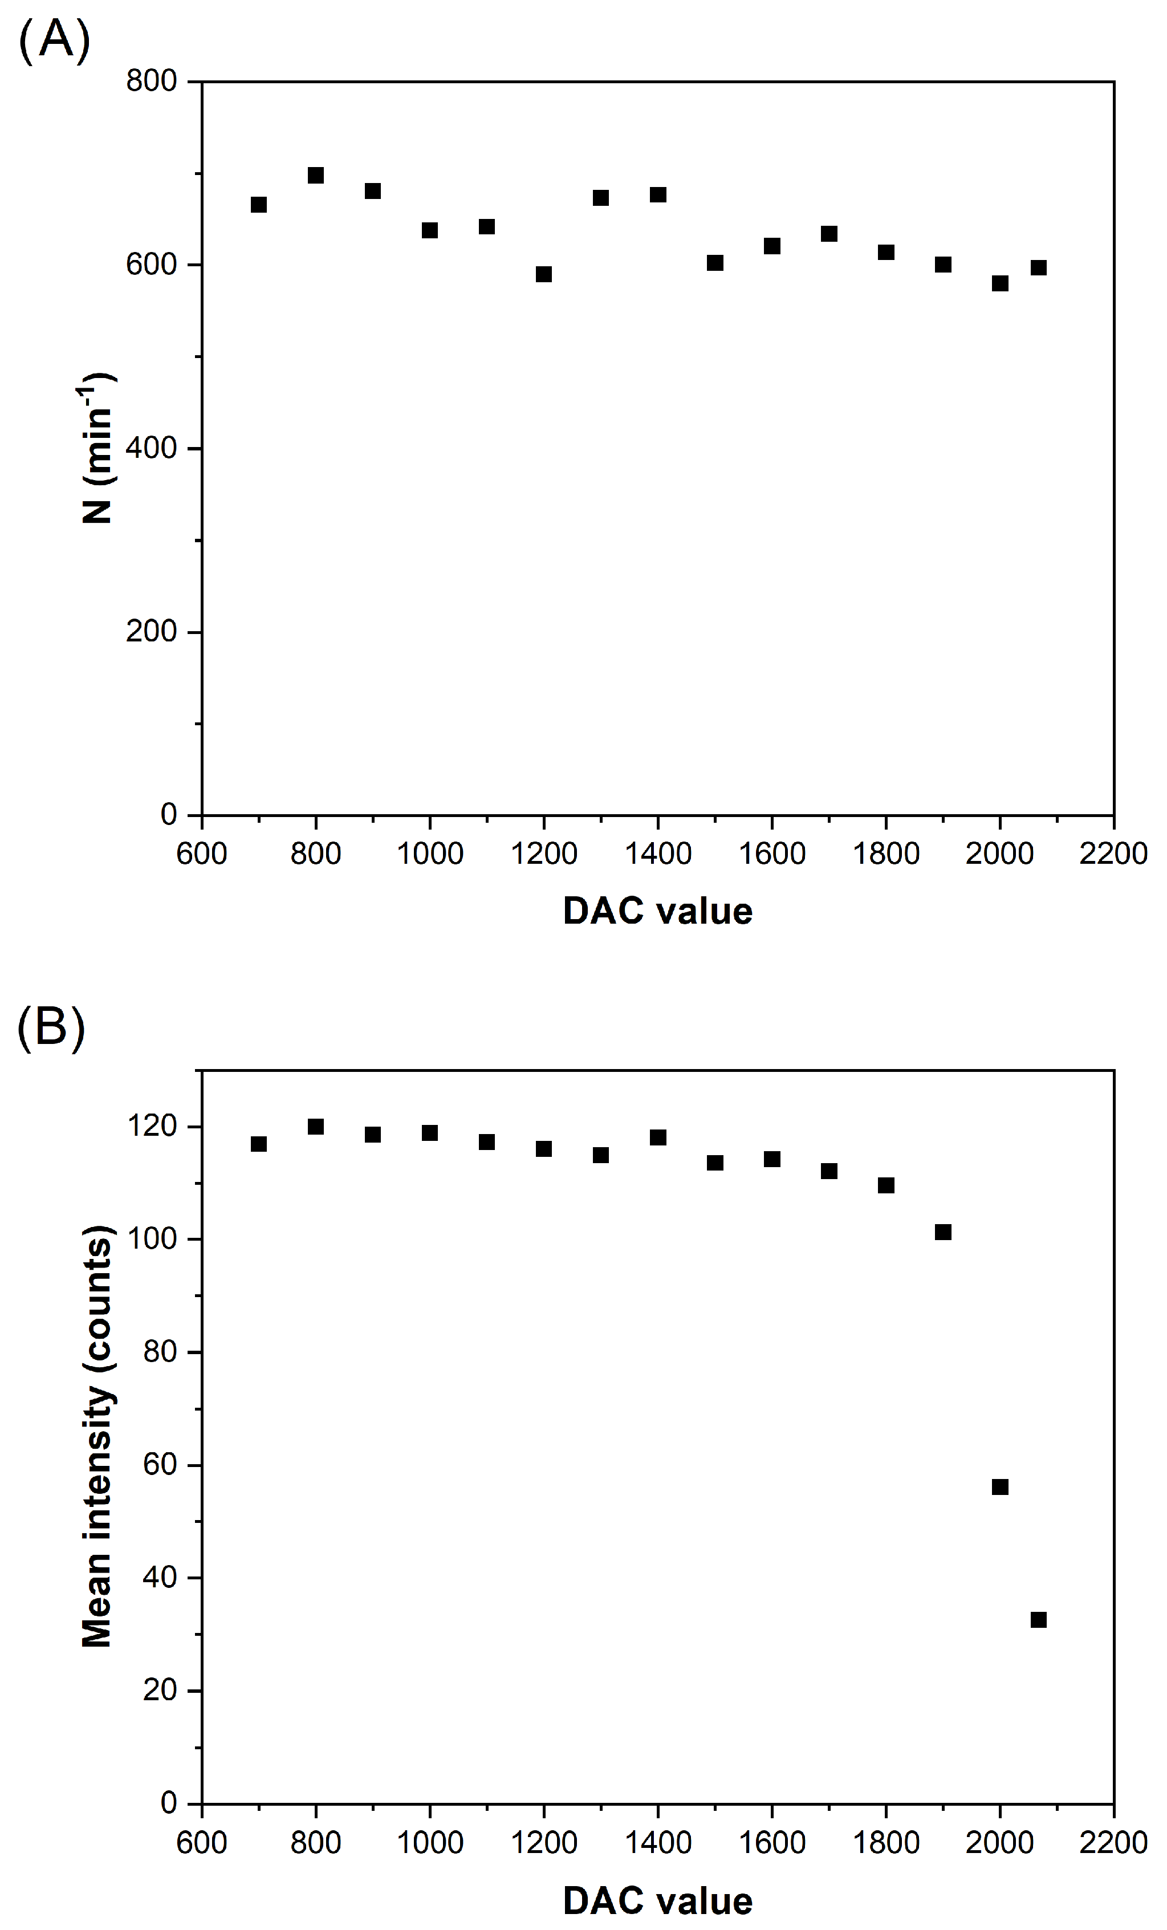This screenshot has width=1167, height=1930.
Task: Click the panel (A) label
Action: pyautogui.click(x=53, y=40)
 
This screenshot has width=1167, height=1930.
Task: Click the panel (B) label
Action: pyautogui.click(x=51, y=1027)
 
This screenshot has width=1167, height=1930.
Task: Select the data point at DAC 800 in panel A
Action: pyautogui.click(x=316, y=174)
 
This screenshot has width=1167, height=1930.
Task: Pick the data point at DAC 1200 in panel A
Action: pyautogui.click(x=543, y=274)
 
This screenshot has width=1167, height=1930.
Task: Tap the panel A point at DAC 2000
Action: pyautogui.click(x=1000, y=283)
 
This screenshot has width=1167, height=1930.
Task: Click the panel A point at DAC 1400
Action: pyautogui.click(x=658, y=194)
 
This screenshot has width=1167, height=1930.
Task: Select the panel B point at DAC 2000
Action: pyautogui.click(x=1000, y=1486)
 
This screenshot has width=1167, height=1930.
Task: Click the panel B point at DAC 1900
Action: pyautogui.click(x=943, y=1232)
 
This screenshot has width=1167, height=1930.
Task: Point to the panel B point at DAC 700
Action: pyautogui.click(x=258, y=1144)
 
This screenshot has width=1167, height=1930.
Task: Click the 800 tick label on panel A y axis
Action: pyautogui.click(x=151, y=80)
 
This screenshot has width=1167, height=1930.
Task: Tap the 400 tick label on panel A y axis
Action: pyautogui.click(x=151, y=448)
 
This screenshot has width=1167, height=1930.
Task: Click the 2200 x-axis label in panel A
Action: pyautogui.click(x=1113, y=853)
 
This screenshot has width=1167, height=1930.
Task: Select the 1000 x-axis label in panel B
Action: pyautogui.click(x=429, y=1842)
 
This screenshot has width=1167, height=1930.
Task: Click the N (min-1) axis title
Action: pyautogui.click(x=99, y=448)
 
